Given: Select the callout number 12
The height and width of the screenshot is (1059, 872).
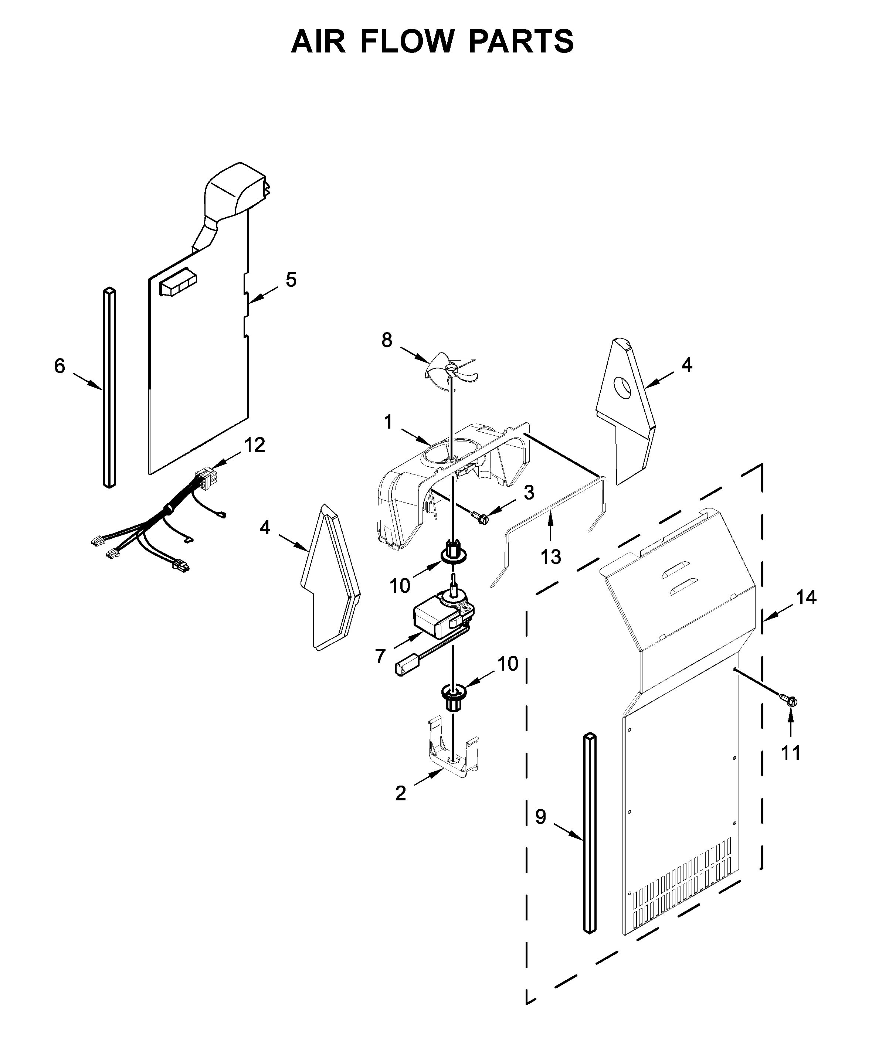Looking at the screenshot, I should (x=254, y=445).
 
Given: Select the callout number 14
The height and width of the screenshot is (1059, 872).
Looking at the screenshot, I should (x=806, y=597).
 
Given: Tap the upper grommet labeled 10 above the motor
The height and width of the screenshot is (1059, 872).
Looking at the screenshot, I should (x=454, y=551).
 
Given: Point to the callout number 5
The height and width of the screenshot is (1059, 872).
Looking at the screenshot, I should (x=291, y=280).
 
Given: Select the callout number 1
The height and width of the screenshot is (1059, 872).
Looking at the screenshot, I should (x=388, y=422).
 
